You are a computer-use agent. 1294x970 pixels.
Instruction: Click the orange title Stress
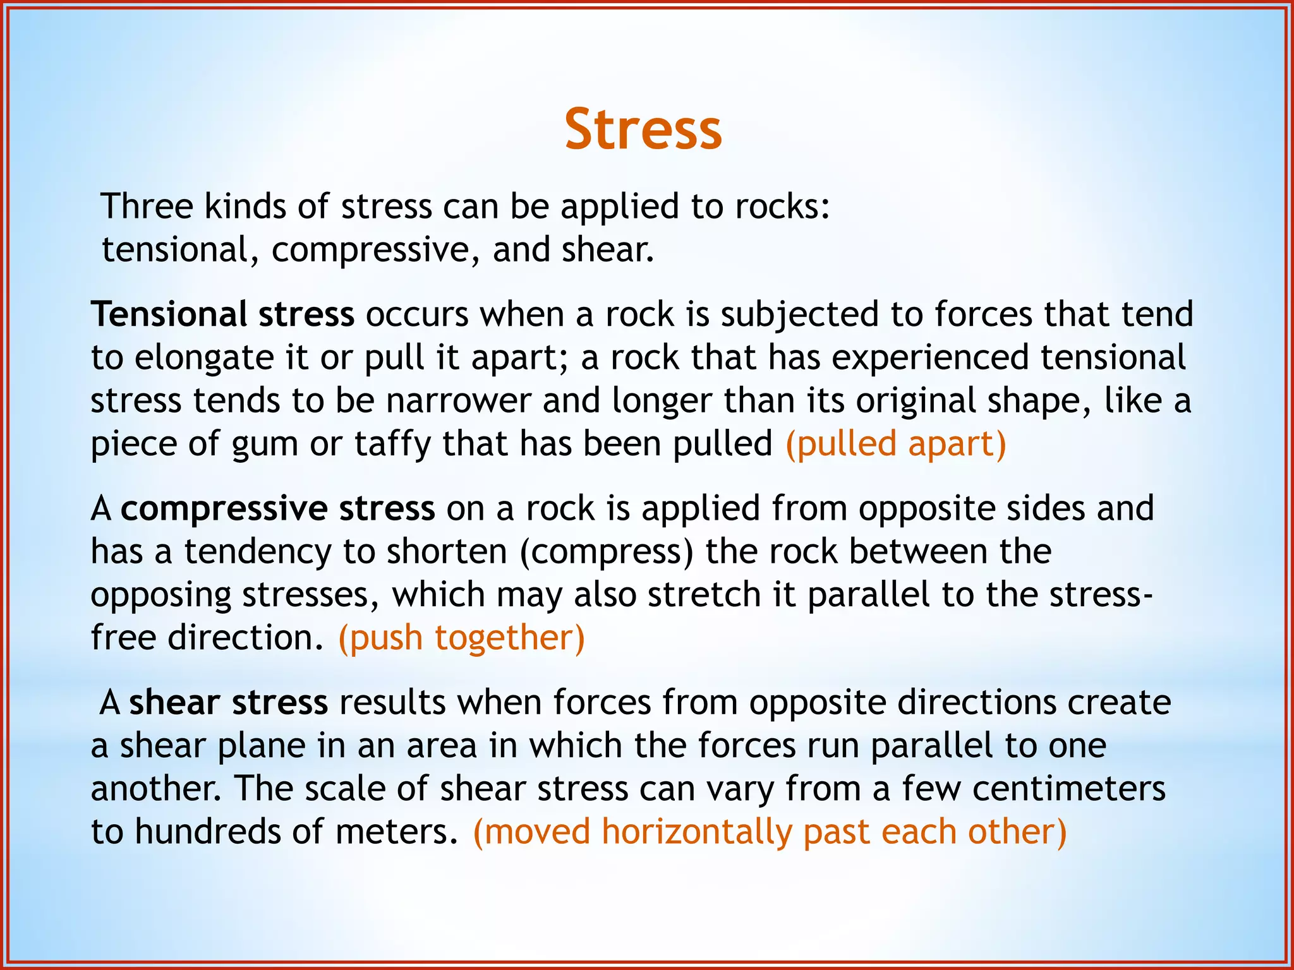click(643, 129)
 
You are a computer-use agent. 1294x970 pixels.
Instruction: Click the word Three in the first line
click(147, 207)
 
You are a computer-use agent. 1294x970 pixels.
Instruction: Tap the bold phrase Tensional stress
click(222, 314)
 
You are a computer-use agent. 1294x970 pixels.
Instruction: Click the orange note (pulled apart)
click(895, 444)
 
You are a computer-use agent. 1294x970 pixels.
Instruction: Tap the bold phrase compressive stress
click(278, 508)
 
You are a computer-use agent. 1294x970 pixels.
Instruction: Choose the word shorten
click(447, 551)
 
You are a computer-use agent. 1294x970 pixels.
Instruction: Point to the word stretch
click(704, 595)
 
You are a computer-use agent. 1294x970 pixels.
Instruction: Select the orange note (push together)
click(462, 638)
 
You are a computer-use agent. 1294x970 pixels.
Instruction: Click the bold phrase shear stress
click(229, 702)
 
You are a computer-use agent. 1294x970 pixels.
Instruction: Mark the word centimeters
click(1068, 789)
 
